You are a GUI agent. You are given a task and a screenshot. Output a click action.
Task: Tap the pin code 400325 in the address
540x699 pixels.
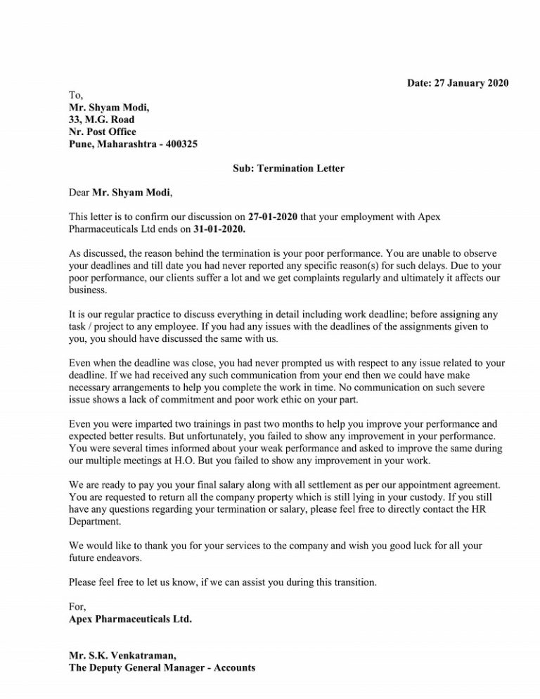point(181,144)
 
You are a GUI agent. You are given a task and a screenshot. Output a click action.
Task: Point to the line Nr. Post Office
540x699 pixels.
point(103,132)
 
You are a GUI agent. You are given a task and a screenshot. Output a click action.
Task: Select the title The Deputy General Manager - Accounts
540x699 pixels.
point(162,668)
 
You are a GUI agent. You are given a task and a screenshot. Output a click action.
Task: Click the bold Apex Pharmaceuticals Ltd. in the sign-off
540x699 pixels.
point(131,620)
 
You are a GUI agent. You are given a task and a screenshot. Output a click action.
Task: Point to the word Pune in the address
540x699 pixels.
point(81,144)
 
